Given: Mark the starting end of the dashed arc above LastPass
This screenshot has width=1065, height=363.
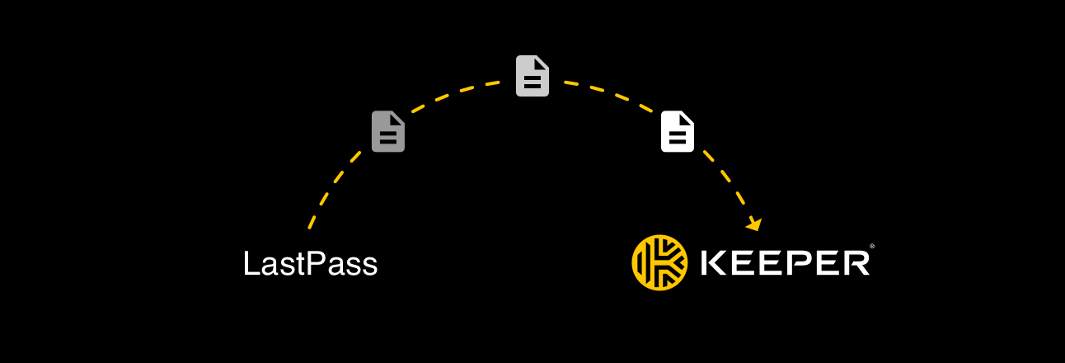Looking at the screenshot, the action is pyautogui.click(x=309, y=229).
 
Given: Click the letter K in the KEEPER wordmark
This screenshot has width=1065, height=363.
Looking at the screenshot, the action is pyautogui.click(x=714, y=263).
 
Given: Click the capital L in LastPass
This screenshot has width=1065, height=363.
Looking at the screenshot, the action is pyautogui.click(x=251, y=263).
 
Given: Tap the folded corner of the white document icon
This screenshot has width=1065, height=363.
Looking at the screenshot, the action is pyautogui.click(x=687, y=119).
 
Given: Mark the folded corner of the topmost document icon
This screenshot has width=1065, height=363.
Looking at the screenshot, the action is pyautogui.click(x=542, y=64).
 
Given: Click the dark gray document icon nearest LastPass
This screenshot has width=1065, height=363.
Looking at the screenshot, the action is pyautogui.click(x=388, y=131).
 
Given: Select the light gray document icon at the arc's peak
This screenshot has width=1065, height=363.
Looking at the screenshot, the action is pyautogui.click(x=532, y=76).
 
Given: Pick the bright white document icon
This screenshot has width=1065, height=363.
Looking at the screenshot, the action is pyautogui.click(x=678, y=131).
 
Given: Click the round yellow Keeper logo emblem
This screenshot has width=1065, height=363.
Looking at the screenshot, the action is pyautogui.click(x=659, y=262).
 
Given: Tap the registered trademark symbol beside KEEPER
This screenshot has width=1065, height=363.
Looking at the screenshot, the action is pyautogui.click(x=872, y=246).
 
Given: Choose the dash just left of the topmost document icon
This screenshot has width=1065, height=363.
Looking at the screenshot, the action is pyautogui.click(x=493, y=83).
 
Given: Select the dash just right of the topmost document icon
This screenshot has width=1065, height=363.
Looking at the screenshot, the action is pyautogui.click(x=571, y=83).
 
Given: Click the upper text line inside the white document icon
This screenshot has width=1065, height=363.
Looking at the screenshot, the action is pyautogui.click(x=678, y=133).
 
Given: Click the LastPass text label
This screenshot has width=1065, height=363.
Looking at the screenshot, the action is pyautogui.click(x=311, y=263).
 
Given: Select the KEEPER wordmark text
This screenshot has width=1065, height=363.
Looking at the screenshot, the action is pyautogui.click(x=786, y=263).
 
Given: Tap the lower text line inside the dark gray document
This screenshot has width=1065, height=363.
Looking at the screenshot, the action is pyautogui.click(x=388, y=141).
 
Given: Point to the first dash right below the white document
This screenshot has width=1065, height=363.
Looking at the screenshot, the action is pyautogui.click(x=709, y=157).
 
